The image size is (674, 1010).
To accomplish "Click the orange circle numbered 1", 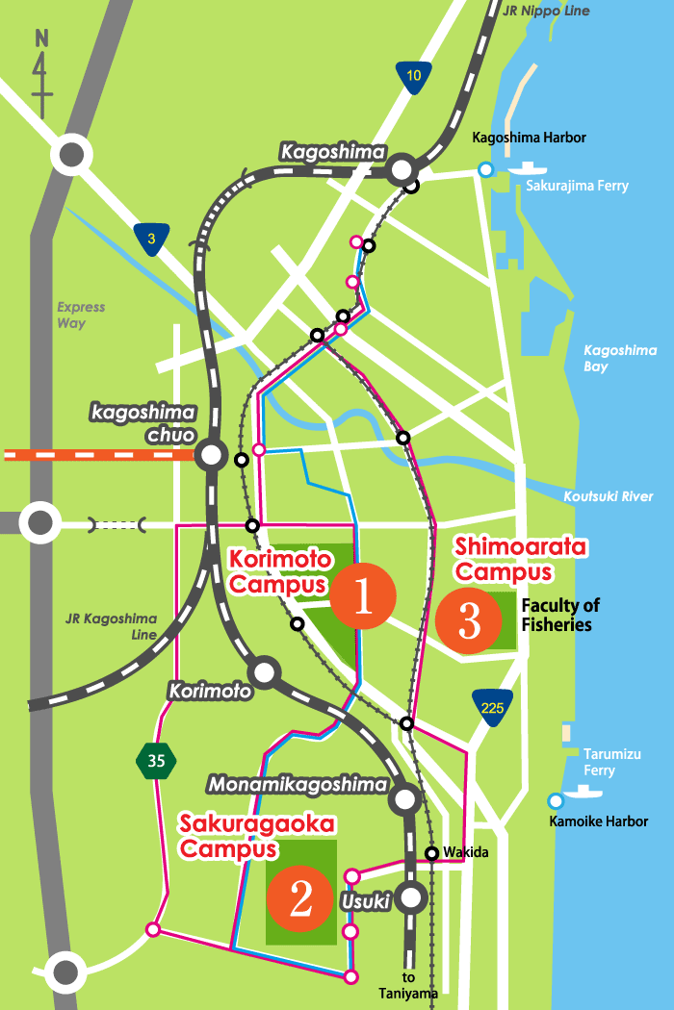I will (x=363, y=596).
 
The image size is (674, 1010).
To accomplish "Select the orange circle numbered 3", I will (x=469, y=620).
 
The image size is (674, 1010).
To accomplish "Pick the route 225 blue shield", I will (x=492, y=707).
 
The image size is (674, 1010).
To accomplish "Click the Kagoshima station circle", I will (x=402, y=170).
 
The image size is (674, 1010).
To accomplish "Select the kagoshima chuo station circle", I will (x=211, y=454).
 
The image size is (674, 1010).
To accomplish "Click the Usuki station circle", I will (x=412, y=898).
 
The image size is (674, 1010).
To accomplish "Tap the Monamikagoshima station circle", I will (x=404, y=797).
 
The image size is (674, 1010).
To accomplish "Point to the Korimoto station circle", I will (x=264, y=672).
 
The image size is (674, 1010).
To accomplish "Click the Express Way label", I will (x=80, y=316).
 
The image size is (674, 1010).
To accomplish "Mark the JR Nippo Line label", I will (x=545, y=12).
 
